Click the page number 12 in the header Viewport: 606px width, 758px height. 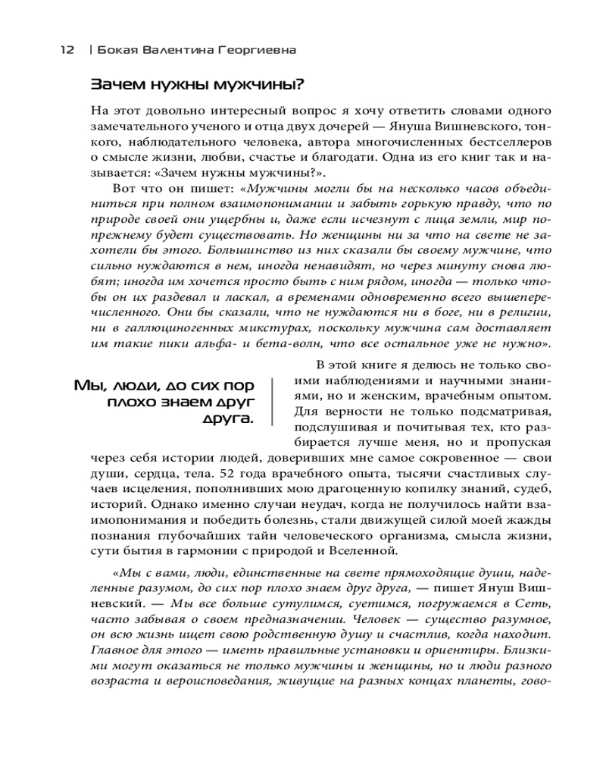[x=67, y=50]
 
